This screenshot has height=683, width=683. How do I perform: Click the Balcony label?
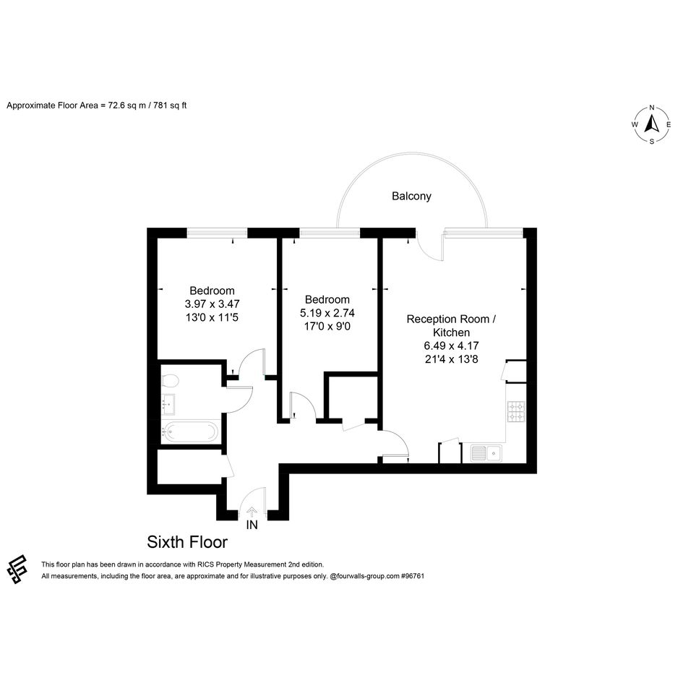[411, 197]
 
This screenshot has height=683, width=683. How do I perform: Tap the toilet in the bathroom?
[170, 381]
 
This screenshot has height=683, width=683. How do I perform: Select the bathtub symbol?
[189, 432]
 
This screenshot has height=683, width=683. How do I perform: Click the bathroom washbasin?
[168, 405]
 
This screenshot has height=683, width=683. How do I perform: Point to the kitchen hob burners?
[516, 411]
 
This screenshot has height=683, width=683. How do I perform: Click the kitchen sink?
[486, 453]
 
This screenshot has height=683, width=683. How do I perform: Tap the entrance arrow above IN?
[252, 512]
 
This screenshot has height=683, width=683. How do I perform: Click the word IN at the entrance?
[252, 525]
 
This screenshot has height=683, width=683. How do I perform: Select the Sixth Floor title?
[187, 542]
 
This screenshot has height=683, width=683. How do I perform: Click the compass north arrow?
[652, 124]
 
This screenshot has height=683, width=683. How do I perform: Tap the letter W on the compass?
[635, 124]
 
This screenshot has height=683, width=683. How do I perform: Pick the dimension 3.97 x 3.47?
[212, 304]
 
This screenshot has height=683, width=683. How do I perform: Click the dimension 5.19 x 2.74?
[327, 313]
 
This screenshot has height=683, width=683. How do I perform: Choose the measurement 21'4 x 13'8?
[451, 359]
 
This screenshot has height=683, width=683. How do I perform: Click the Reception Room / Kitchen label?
[451, 326]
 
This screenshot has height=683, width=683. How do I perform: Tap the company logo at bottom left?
[17, 570]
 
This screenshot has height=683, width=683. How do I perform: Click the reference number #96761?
[413, 576]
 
